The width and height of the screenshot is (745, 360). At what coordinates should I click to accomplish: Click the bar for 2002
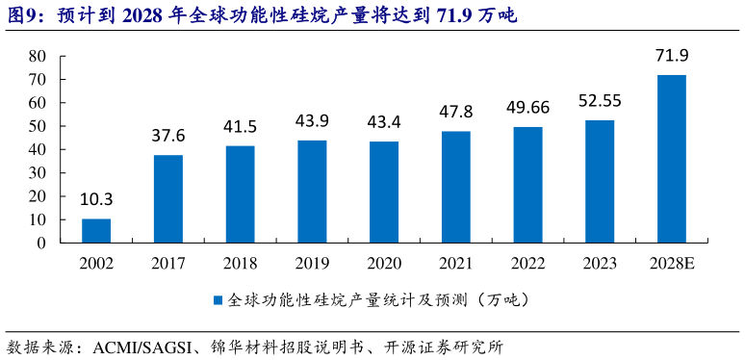96,231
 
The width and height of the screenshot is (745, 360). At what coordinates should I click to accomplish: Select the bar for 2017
168,199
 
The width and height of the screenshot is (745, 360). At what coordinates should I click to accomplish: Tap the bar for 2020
384,193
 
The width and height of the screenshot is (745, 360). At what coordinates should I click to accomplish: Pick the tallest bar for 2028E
671,159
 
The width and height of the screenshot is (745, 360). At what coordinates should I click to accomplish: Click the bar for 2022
527,185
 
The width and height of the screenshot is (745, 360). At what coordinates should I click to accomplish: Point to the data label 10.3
96,199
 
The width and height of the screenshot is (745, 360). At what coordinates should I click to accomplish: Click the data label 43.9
312,120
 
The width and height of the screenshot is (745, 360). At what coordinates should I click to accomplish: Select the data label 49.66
527,107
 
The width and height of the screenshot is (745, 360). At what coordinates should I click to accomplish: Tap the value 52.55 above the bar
600,100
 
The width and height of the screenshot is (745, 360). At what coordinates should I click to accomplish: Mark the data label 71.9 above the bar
671,55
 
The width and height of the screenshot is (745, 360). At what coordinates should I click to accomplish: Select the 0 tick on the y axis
41,243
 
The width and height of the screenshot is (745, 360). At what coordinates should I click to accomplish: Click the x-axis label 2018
240,263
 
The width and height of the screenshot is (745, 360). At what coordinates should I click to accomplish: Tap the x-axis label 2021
455,263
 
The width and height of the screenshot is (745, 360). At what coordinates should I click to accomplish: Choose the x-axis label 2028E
671,263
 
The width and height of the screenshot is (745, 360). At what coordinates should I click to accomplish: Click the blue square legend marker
218,300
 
